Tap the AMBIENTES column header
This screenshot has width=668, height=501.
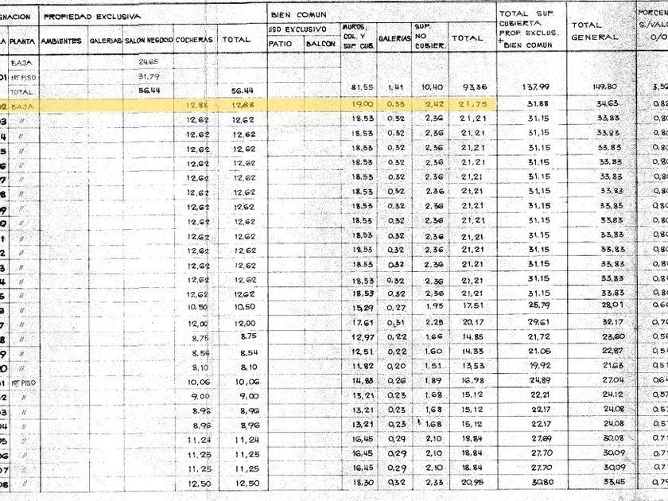coord(61,40)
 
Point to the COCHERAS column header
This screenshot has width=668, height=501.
coord(194,39)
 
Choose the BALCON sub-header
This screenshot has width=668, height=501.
coord(320,44)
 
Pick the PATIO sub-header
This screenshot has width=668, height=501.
coord(281,44)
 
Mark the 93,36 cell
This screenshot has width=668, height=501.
coord(464,87)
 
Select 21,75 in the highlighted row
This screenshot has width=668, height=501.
coord(464,103)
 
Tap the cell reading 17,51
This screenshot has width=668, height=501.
coord(464,307)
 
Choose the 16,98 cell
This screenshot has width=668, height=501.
coord(464,380)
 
